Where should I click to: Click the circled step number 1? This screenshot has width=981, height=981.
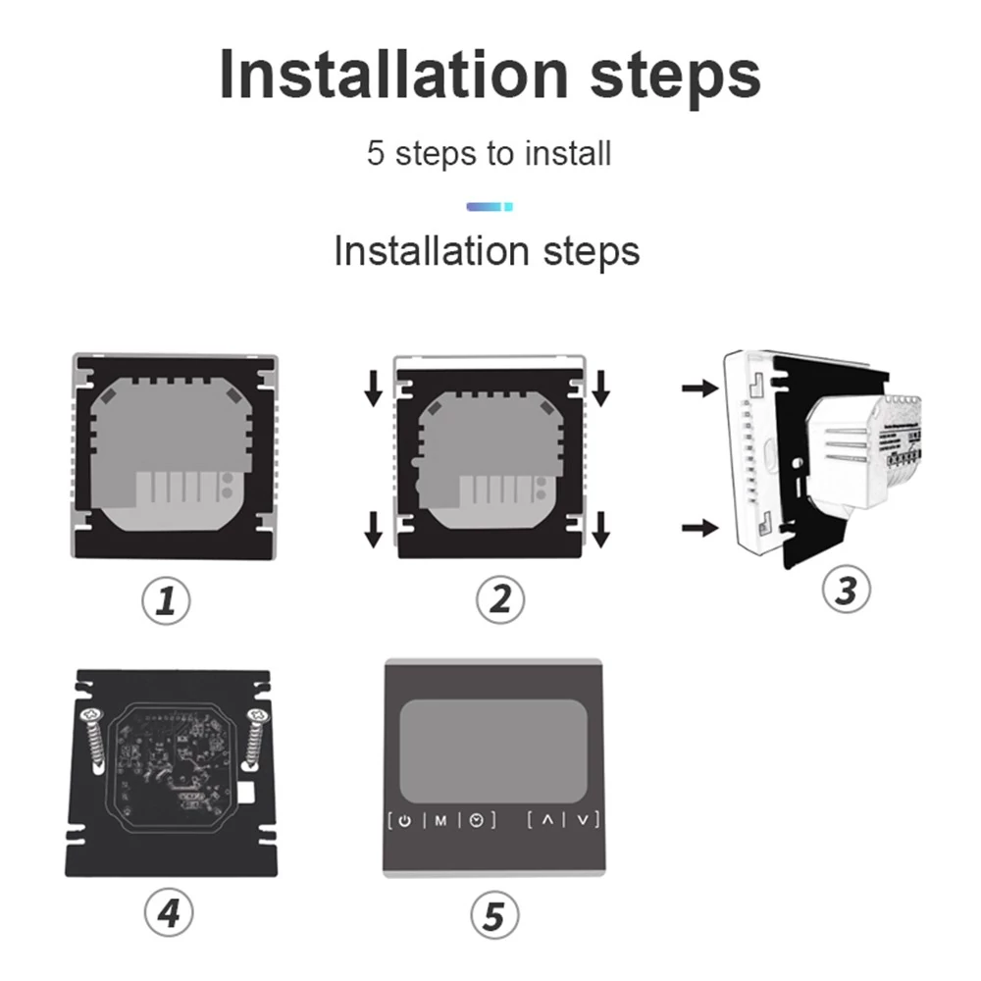pyautogui.click(x=166, y=600)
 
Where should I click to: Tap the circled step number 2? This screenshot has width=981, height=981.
pyautogui.click(x=500, y=599)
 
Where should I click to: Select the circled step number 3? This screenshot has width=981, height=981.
pyautogui.click(x=846, y=590)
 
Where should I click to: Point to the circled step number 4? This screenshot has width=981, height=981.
pyautogui.click(x=169, y=912)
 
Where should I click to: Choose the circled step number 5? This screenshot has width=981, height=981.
pyautogui.click(x=494, y=915)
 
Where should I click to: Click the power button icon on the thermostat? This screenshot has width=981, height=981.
pyautogui.click(x=405, y=821)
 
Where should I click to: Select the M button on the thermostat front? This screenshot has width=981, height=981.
pyautogui.click(x=441, y=821)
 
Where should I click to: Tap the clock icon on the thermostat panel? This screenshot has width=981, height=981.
pyautogui.click(x=477, y=820)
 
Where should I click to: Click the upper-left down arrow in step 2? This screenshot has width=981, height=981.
pyautogui.click(x=374, y=387)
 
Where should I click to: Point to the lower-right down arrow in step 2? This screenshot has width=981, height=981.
pyautogui.click(x=600, y=530)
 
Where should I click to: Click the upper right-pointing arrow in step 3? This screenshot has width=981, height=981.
pyautogui.click(x=700, y=387)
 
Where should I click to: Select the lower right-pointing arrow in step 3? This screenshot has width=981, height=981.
pyautogui.click(x=700, y=528)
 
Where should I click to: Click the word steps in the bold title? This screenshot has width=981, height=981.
pyautogui.click(x=675, y=77)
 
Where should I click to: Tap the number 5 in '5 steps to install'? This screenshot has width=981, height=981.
pyautogui.click(x=376, y=153)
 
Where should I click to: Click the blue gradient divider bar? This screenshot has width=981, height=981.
pyautogui.click(x=490, y=207)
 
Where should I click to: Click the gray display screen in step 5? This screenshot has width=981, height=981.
pyautogui.click(x=493, y=750)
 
